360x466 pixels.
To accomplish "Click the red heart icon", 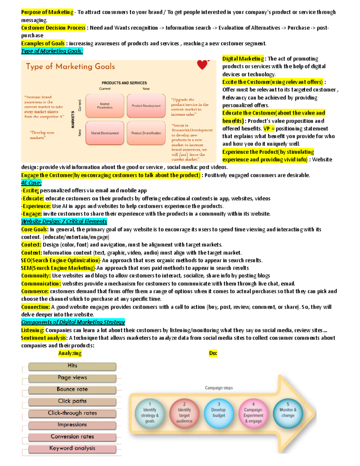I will click(202, 65).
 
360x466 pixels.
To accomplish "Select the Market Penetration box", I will click(105, 106).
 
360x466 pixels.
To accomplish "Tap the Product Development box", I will click(146, 106).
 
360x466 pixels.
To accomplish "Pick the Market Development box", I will click(105, 133).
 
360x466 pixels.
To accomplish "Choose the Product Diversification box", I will click(146, 133).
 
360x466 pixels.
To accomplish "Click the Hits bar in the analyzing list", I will click(72, 366).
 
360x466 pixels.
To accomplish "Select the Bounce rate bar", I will click(72, 389).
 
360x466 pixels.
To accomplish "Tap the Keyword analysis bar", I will click(72, 449).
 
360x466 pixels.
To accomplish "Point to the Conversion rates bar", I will click(72, 437).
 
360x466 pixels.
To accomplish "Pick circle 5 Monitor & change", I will click(288, 412).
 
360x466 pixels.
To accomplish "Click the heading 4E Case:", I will click(31, 183).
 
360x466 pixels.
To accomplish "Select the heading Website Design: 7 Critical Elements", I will click(64, 221).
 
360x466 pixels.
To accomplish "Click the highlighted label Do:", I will click(213, 353).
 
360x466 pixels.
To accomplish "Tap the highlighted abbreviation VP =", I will click(269, 129).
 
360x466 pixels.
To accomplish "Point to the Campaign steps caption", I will click(219, 388).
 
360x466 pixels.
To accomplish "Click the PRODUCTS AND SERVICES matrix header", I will click(124, 83).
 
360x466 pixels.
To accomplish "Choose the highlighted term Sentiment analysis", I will click(44, 338).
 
